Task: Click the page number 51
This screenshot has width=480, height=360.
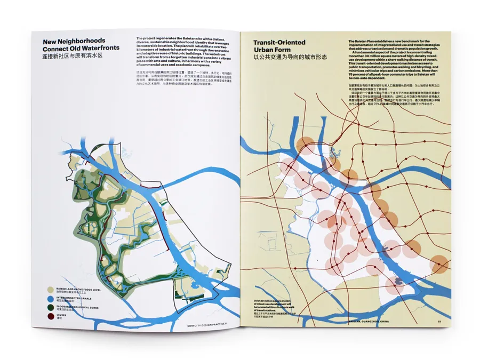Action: click(439, 321)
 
